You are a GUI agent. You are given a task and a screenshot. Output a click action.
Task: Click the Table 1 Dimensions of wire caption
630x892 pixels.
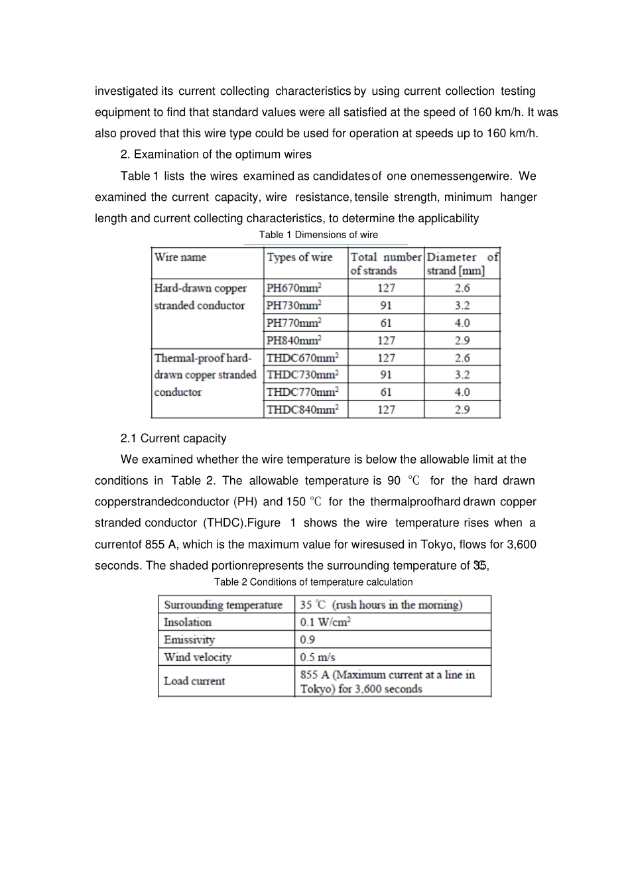tap(318, 235)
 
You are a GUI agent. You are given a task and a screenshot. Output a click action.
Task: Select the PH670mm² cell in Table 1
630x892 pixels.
tap(294, 288)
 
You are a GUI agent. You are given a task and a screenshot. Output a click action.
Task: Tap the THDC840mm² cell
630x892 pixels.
tap(302, 410)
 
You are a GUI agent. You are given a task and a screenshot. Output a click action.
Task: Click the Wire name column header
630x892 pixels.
tap(180, 257)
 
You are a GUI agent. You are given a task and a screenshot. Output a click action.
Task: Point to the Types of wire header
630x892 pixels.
tap(300, 257)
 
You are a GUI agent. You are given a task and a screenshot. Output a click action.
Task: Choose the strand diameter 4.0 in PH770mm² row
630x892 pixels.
tap(462, 323)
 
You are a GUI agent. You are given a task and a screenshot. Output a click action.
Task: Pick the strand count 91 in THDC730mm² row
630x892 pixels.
tap(386, 375)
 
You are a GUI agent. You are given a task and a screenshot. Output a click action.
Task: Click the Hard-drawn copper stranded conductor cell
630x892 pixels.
tap(200, 296)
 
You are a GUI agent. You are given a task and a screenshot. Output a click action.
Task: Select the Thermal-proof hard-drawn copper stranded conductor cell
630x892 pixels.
tap(205, 375)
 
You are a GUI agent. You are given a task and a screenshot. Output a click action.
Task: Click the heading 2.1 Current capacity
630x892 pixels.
tap(174, 438)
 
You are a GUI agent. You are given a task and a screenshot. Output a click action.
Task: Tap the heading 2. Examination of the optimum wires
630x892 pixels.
tap(216, 155)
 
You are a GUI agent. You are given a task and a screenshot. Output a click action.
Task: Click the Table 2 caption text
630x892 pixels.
tap(313, 582)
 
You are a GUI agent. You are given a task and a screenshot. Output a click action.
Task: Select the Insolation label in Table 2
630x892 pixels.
tap(188, 622)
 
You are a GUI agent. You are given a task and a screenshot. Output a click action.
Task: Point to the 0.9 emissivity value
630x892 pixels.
tap(308, 640)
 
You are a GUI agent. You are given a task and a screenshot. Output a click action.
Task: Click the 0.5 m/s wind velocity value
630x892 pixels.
tap(318, 657)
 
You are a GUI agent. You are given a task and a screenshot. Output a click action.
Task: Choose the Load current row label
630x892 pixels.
tap(194, 681)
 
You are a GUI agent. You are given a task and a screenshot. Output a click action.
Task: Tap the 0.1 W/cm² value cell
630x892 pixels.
tap(325, 622)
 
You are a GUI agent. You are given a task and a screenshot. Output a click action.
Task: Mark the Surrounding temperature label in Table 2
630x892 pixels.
tap(223, 605)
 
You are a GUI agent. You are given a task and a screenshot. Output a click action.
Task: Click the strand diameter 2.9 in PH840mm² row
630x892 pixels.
tap(462, 340)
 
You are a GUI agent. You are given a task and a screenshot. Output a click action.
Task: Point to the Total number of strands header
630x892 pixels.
tap(386, 264)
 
